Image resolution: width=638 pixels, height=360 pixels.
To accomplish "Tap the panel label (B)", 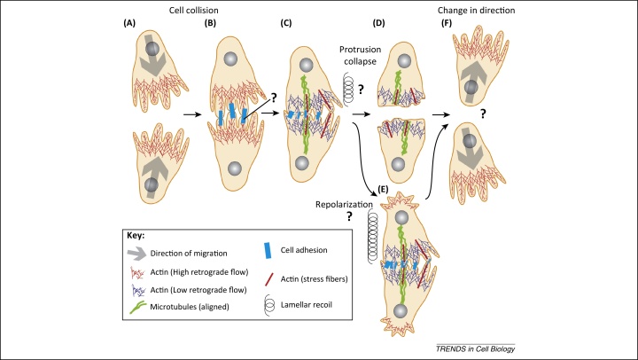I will tap(213, 26).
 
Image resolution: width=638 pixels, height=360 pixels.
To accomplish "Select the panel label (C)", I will tap(292, 26).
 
